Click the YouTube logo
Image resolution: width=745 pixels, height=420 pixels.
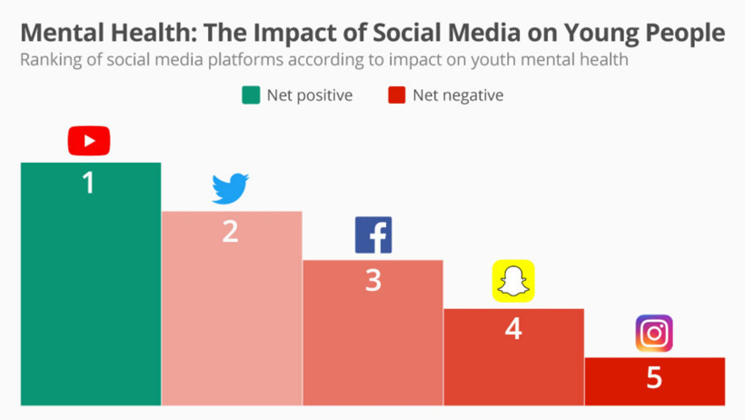[89, 141]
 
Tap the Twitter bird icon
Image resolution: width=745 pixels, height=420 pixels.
[231, 188]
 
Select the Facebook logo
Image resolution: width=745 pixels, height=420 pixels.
[373, 235]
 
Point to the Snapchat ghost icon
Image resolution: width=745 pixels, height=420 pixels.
[513, 281]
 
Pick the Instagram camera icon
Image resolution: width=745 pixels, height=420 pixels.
[654, 334]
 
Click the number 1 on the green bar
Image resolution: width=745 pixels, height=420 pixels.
[89, 183]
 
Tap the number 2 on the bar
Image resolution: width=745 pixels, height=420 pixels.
[231, 231]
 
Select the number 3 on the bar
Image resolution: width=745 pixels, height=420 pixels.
[373, 280]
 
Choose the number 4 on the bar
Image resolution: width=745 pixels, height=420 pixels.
[513, 328]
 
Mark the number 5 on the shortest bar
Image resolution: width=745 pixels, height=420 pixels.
[654, 376]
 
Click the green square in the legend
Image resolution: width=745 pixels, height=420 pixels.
[250, 95]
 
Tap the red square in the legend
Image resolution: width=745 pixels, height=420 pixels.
[396, 95]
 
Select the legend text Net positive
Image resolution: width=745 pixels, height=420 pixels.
[309, 95]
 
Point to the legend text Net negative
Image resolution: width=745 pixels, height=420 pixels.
[457, 95]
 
